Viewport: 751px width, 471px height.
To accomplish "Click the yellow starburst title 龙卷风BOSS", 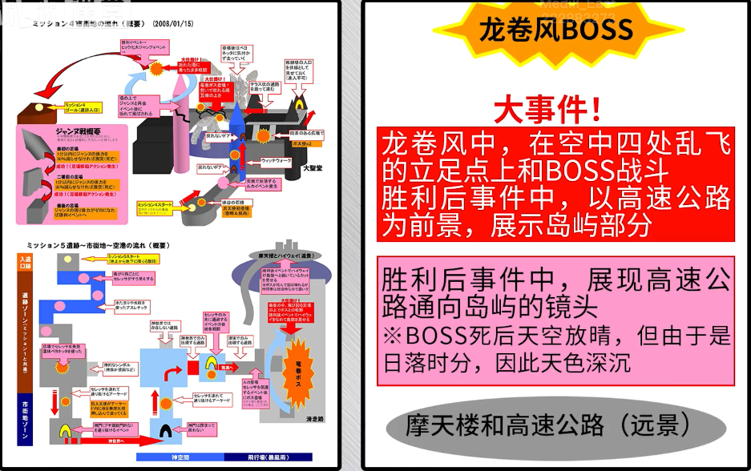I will point(555,32).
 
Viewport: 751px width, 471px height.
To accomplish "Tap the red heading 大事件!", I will point(547,109).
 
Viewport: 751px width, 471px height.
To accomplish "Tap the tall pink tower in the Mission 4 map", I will point(181,128).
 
